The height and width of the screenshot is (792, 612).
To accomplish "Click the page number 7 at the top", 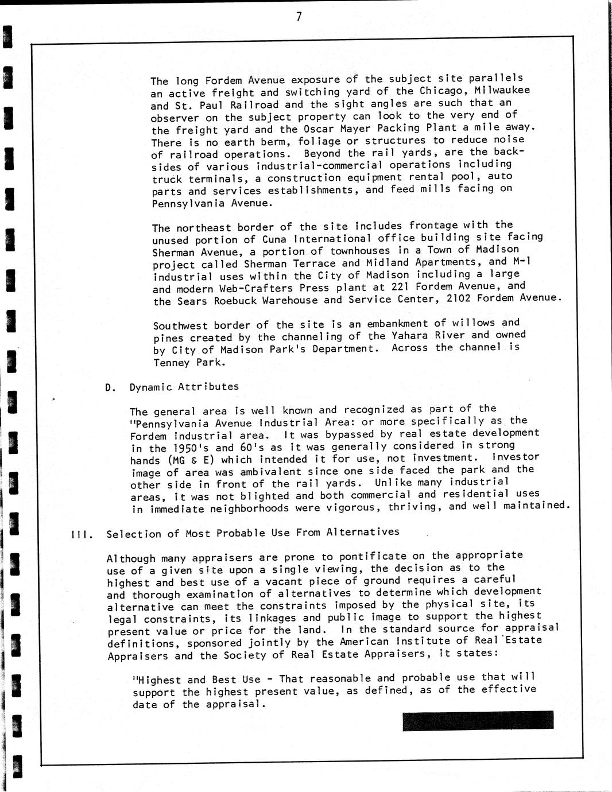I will pyautogui.click(x=299, y=17).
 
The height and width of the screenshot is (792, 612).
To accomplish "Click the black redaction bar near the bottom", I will pyautogui.click(x=478, y=721).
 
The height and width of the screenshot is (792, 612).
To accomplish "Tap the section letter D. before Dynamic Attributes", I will pyautogui.click(x=110, y=387).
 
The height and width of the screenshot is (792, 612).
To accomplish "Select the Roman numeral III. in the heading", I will pyautogui.click(x=78, y=534).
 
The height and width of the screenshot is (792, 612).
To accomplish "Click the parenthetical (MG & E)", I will pyautogui.click(x=191, y=460).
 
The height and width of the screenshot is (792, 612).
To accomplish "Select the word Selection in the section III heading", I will pyautogui.click(x=133, y=534).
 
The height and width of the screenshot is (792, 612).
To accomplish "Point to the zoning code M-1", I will pyautogui.click(x=521, y=261).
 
